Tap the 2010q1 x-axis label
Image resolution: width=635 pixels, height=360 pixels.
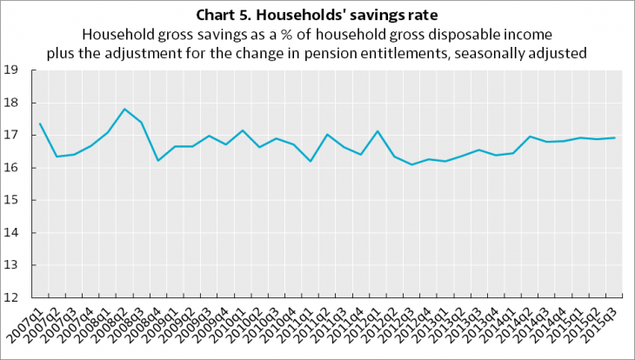tap(229, 322)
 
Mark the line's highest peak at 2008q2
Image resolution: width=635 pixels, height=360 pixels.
tap(124, 109)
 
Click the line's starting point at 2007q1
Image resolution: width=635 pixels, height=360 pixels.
tap(40, 123)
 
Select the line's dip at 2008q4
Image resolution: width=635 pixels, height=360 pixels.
tap(158, 160)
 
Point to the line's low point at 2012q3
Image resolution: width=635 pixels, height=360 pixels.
tap(412, 164)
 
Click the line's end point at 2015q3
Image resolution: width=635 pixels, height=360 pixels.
tap(616, 137)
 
